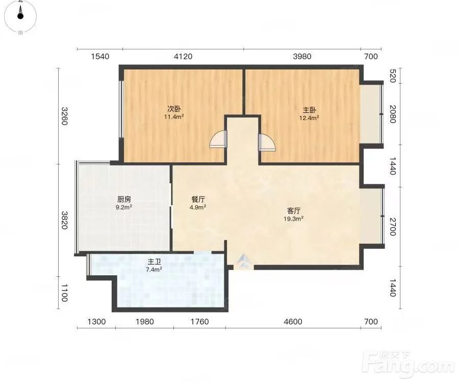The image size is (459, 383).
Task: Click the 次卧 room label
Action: tap(174, 109)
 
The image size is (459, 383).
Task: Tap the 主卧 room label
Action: tap(309, 110)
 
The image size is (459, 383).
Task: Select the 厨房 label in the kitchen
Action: tap(124, 200)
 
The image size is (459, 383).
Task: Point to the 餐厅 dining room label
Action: tap(198, 200)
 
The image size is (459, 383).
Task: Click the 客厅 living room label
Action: tap(294, 211)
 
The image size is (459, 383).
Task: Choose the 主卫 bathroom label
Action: tap(154, 261)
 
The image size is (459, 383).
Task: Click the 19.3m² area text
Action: tap(293, 219)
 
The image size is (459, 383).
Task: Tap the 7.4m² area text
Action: tap(154, 269)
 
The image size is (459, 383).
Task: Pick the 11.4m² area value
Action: tap(174, 117)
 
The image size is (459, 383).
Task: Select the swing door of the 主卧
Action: tap(267, 142)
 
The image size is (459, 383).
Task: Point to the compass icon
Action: tap(20, 16)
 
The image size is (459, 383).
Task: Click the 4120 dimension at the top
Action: tap(183, 56)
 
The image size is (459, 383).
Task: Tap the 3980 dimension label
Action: tap(302, 56)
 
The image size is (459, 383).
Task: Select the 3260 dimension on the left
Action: tap(65, 116)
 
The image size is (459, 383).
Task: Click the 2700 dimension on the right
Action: tap(393, 227)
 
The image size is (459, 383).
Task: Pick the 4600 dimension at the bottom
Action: tap(293, 322)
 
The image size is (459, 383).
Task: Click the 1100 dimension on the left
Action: tap(65, 293)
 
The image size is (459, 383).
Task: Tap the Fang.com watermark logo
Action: tap(408, 364)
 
